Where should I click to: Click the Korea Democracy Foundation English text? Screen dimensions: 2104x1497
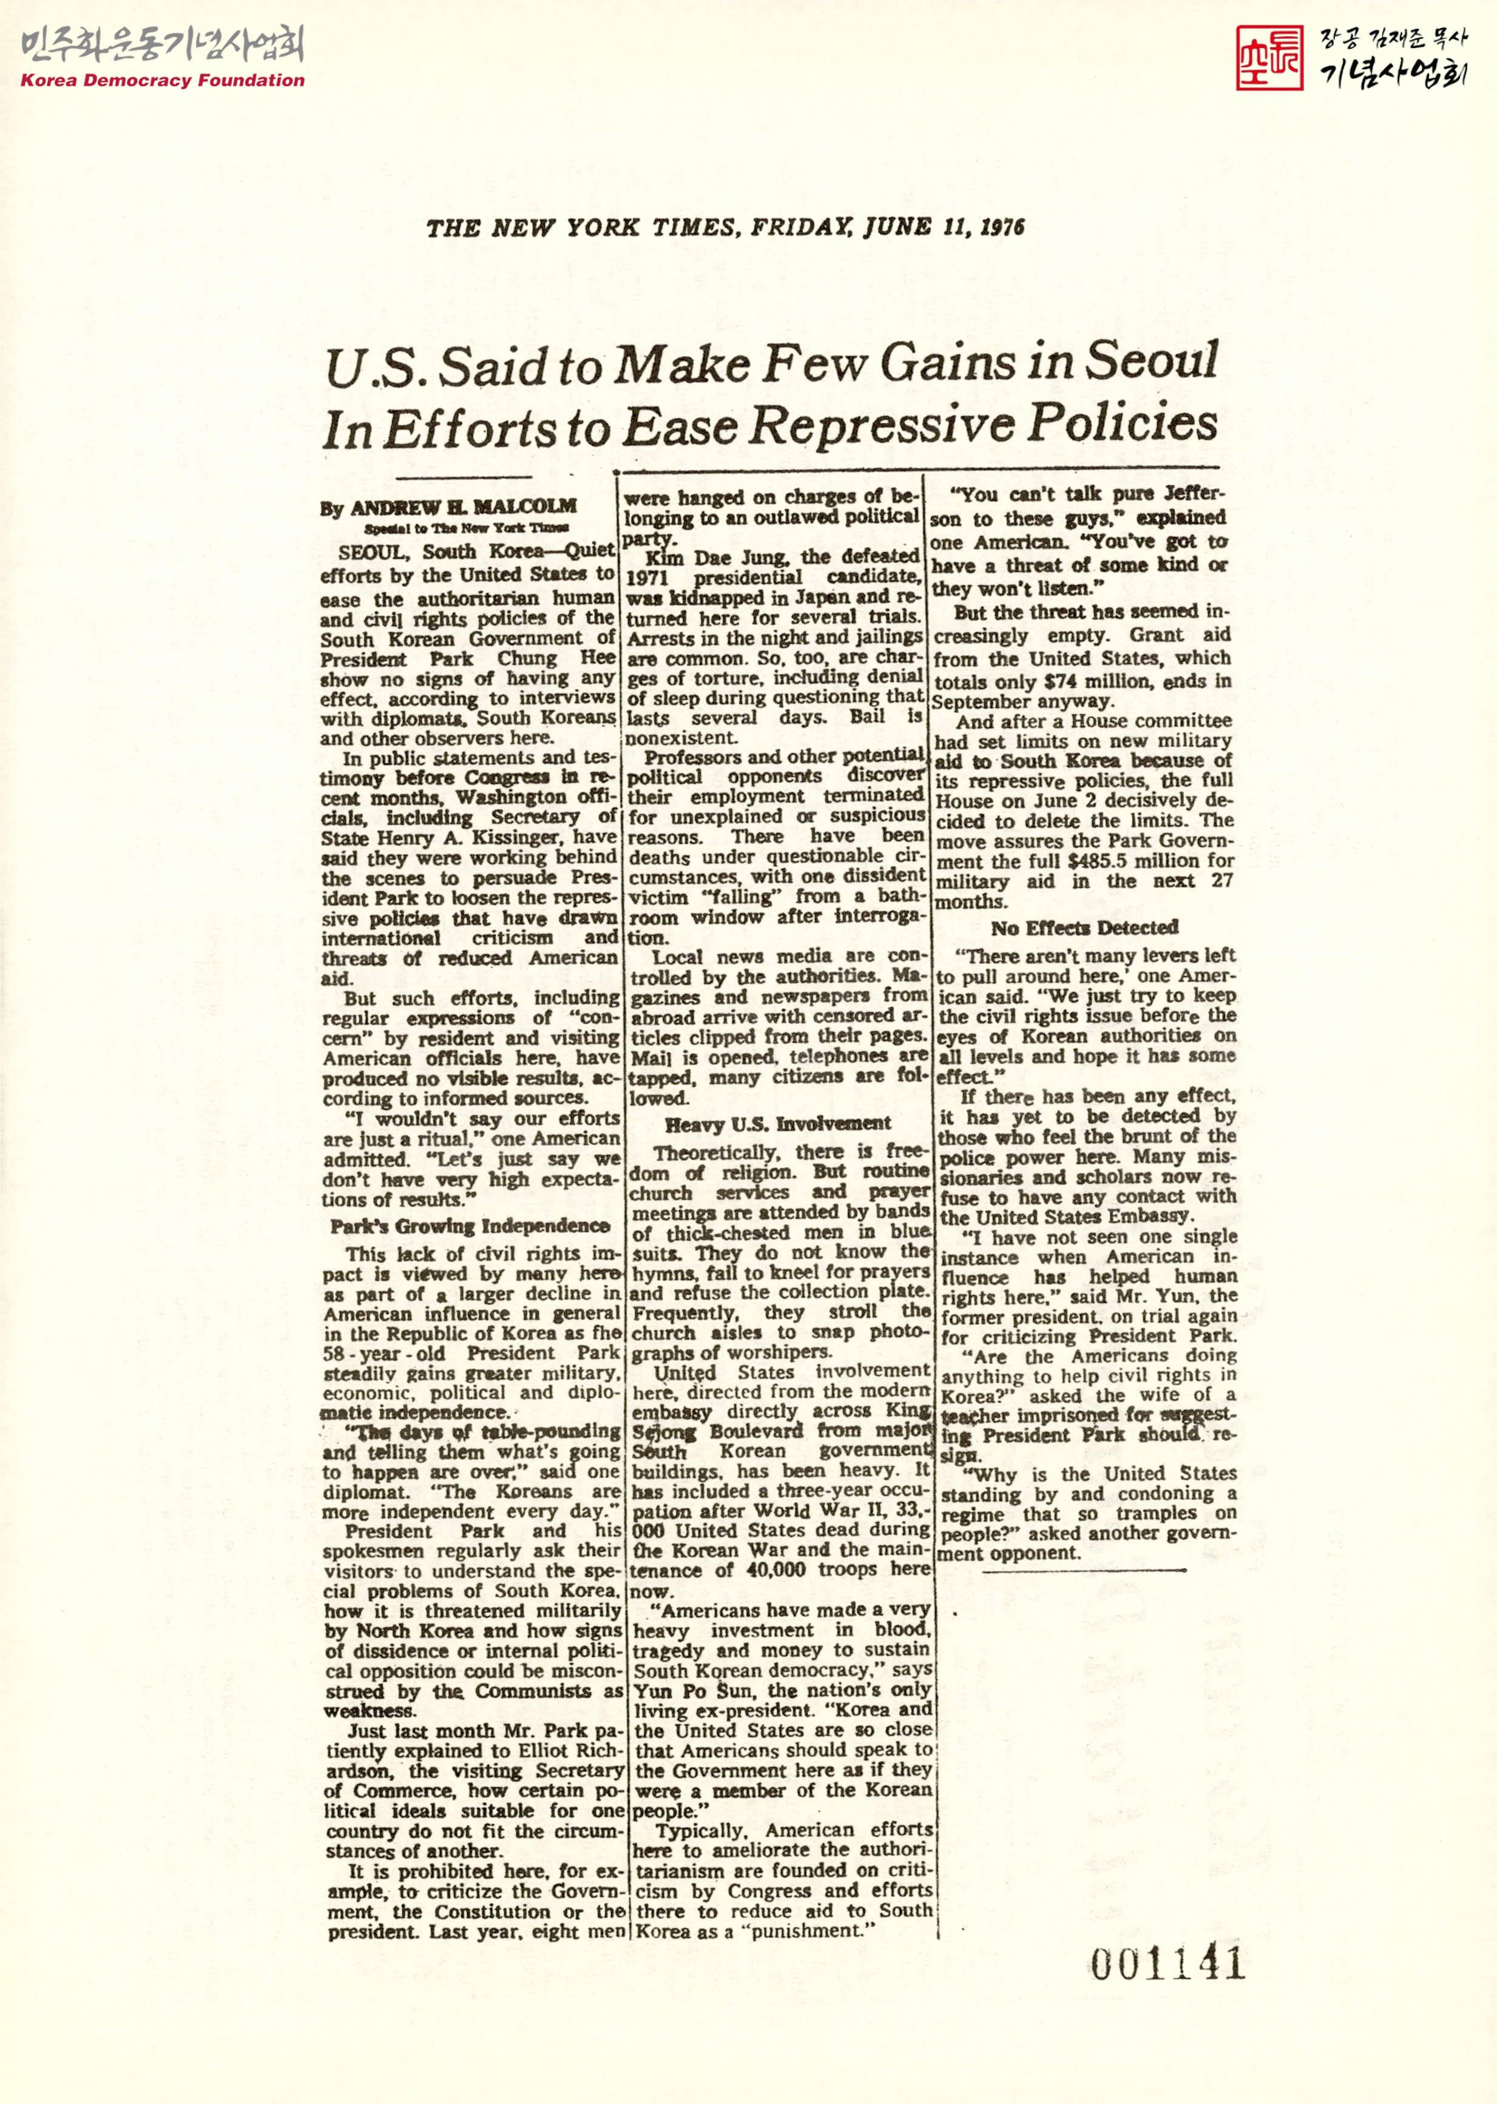(162, 80)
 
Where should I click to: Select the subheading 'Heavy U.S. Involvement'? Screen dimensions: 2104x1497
(778, 1124)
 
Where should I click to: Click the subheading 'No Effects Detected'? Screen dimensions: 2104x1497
(1085, 928)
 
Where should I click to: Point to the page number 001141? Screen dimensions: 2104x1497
(1167, 1964)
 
